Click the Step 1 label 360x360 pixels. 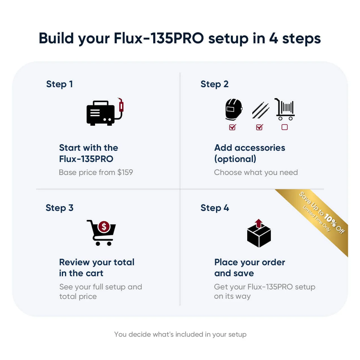click(59, 84)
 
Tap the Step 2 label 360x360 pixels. click(215, 84)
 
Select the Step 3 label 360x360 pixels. click(59, 208)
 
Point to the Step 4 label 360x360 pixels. click(215, 208)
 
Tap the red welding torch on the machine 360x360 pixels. click(121, 105)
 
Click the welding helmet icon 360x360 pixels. click(233, 109)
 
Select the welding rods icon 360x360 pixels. click(261, 110)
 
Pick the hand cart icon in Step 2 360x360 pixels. click(285, 109)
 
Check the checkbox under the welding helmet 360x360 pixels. click(232, 127)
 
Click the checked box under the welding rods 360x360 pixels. click(260, 127)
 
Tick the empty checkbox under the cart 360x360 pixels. click(284, 127)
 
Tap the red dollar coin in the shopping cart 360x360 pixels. click(104, 227)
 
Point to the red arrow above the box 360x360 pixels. click(258, 223)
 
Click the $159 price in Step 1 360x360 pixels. click(125, 172)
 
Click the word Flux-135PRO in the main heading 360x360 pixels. click(159, 38)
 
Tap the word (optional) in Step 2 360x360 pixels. click(235, 159)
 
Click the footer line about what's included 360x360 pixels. click(180, 334)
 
